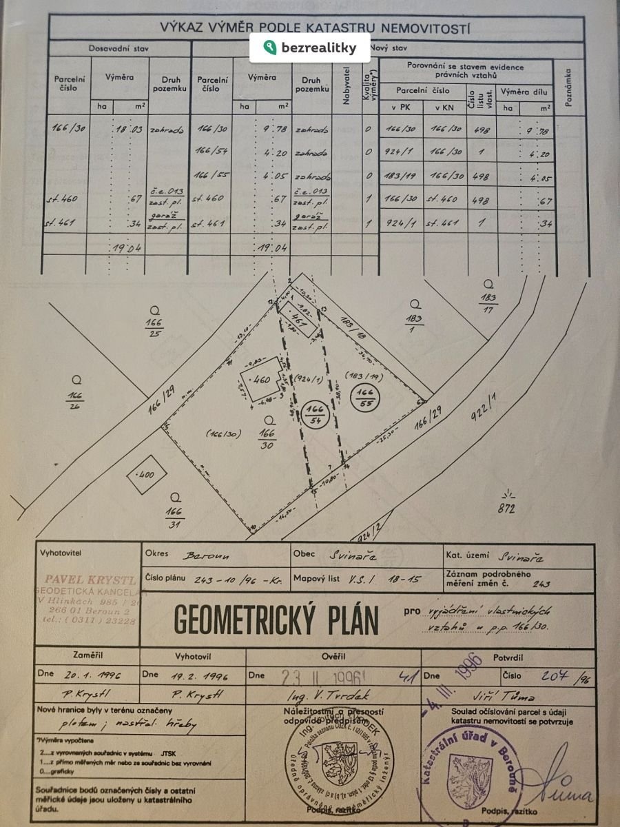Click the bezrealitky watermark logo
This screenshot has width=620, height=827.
click(x=310, y=48)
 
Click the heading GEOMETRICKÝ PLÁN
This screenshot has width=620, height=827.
click(x=276, y=620)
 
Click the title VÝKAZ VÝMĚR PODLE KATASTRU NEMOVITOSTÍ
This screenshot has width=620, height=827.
click(x=315, y=28)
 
